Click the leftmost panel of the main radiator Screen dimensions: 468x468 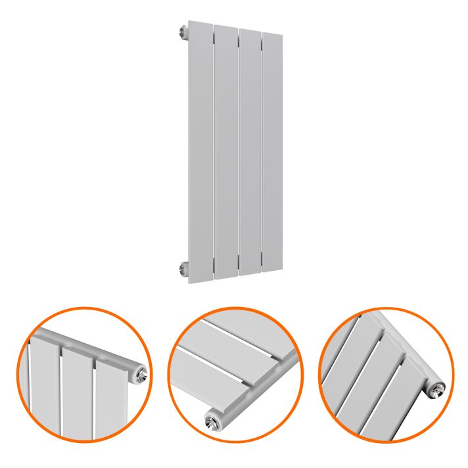pos(200,151)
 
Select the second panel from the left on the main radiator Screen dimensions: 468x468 pos(225,151)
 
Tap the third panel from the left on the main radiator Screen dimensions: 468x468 pos(250,151)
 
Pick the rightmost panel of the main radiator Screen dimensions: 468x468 pos(273,151)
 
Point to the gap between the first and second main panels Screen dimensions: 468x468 pos(214,151)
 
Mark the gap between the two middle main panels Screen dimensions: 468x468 pos(238,151)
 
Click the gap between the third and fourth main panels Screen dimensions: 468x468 pos(262,151)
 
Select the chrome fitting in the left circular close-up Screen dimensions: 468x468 pos(141,373)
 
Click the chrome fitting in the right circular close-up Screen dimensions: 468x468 pos(436,389)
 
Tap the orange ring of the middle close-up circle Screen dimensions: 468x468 pos(235,309)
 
